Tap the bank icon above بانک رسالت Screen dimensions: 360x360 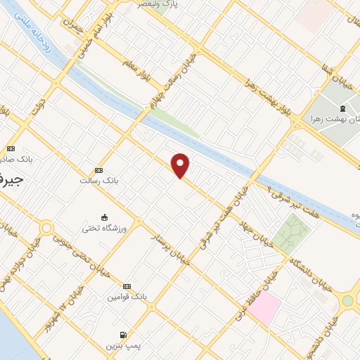(x=98, y=170)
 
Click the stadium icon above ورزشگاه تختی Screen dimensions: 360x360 (x=104, y=217)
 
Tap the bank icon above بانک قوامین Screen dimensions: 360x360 (x=127, y=286)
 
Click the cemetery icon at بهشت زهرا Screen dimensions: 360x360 (x=342, y=108)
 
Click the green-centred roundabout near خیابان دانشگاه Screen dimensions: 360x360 (x=347, y=301)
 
